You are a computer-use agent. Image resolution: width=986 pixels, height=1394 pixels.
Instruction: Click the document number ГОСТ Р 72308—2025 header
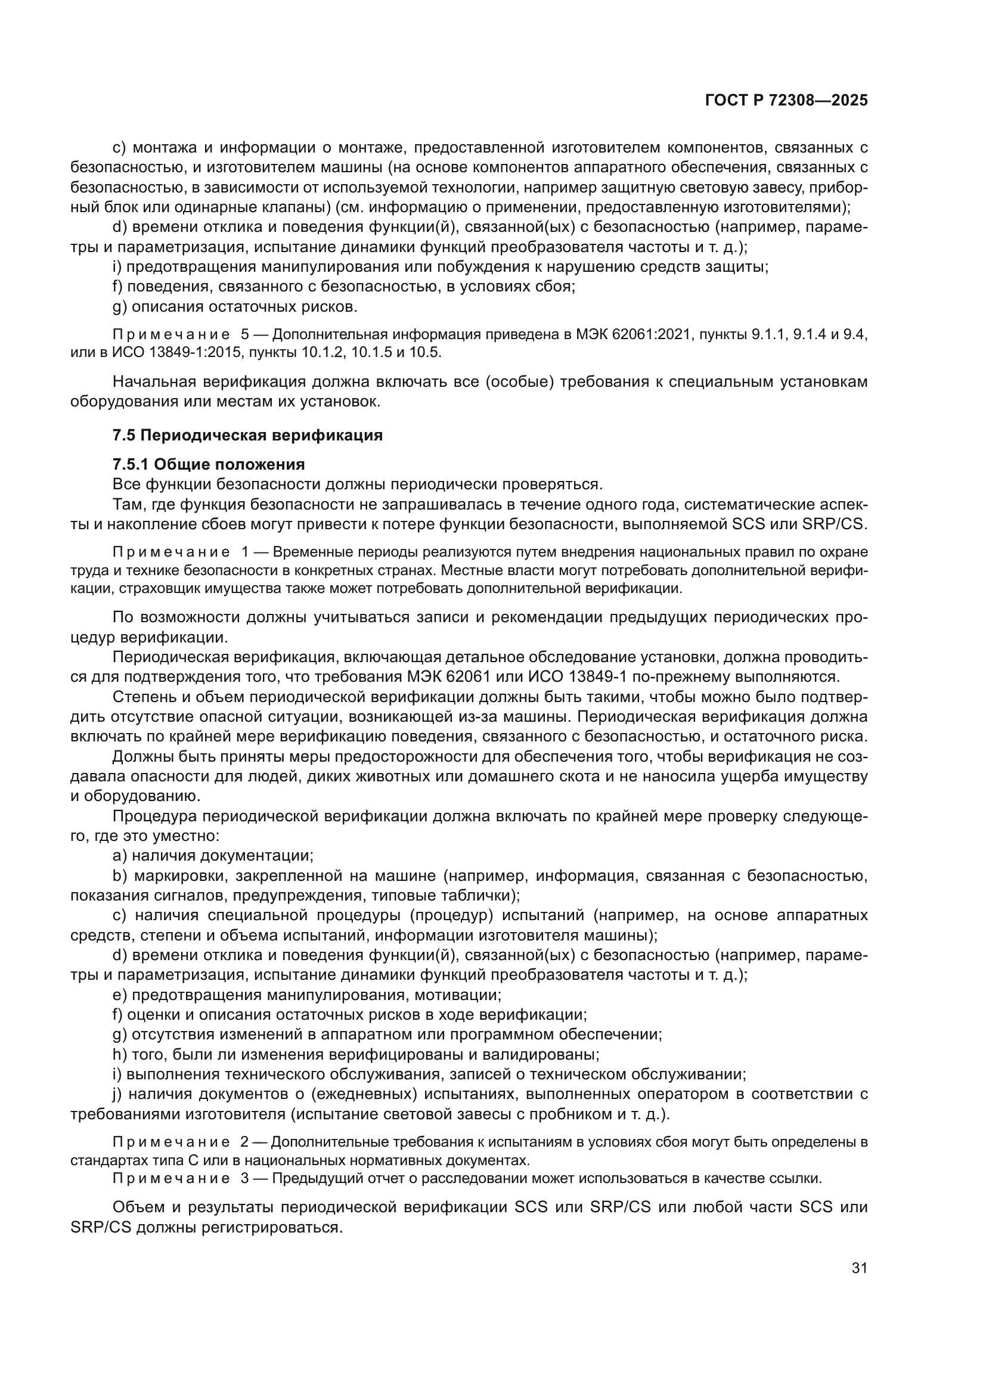click(x=786, y=101)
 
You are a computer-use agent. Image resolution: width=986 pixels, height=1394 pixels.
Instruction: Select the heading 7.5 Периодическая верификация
click(x=248, y=435)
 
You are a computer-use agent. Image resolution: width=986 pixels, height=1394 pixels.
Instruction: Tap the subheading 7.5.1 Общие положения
click(x=208, y=464)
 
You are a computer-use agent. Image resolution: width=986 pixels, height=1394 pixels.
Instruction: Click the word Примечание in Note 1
click(x=171, y=552)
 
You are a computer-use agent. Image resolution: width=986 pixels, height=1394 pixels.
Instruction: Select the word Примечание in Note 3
click(x=171, y=1178)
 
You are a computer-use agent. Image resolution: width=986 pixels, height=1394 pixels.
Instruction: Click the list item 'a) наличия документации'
click(x=213, y=855)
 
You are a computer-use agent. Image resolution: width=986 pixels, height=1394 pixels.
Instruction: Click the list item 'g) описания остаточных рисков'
click(x=235, y=306)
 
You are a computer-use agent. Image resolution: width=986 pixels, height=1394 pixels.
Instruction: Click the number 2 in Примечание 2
click(x=244, y=1142)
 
